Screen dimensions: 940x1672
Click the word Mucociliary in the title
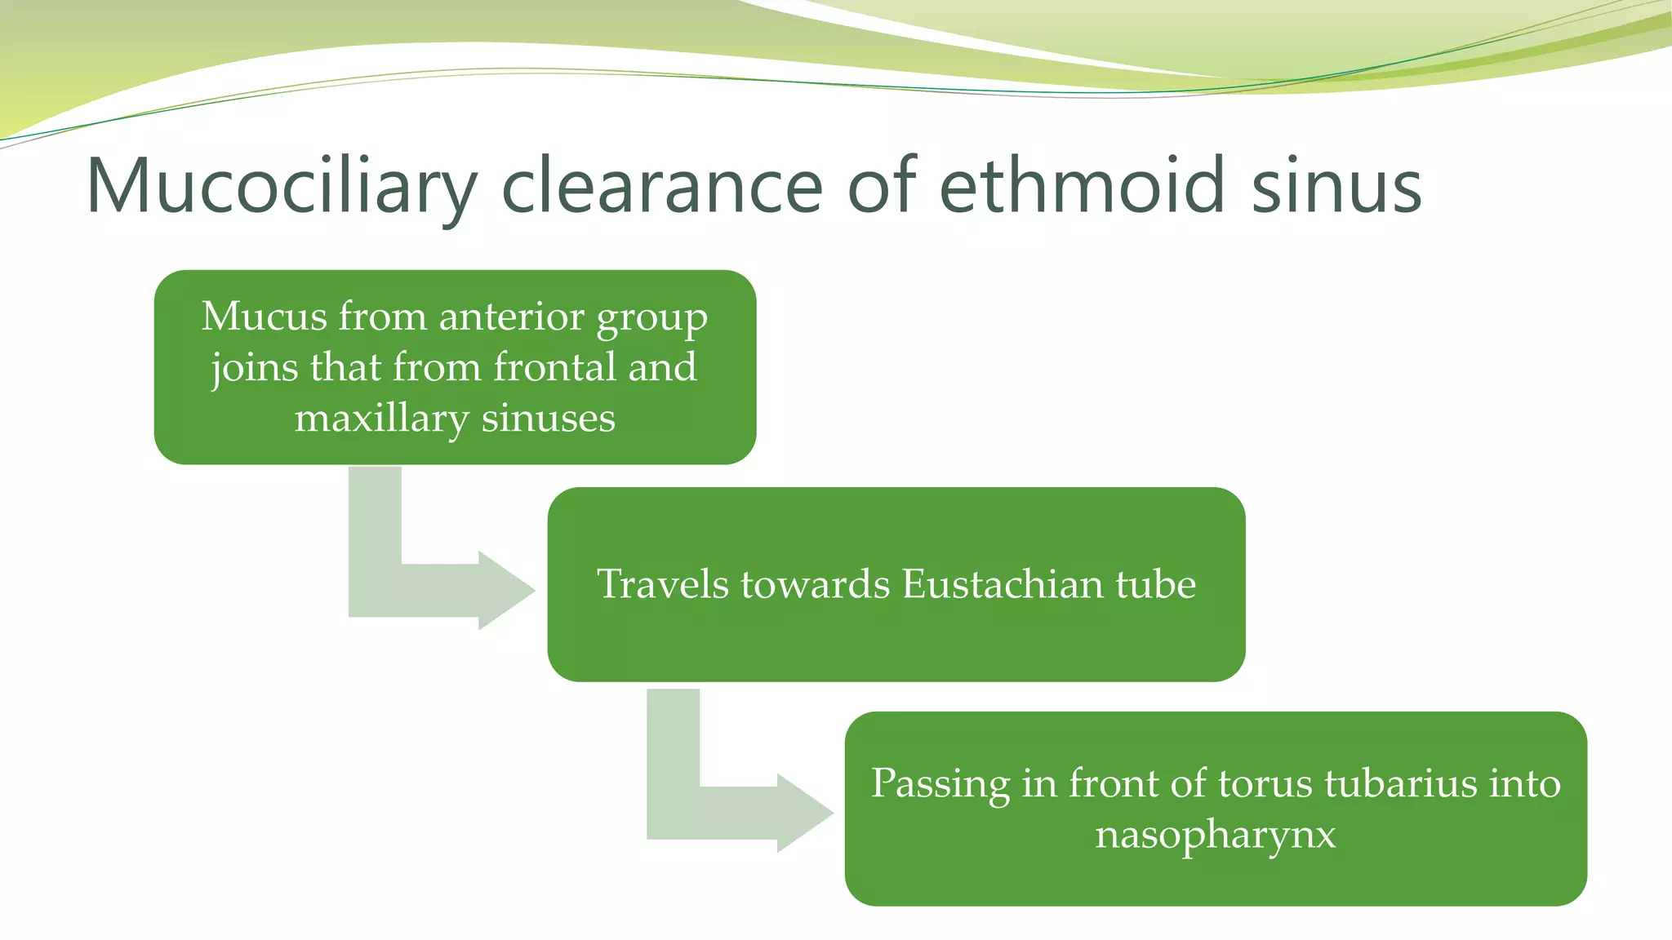pyautogui.click(x=282, y=188)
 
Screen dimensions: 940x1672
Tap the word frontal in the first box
pyautogui.click(x=554, y=366)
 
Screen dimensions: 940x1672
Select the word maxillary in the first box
pyautogui.click(x=381, y=418)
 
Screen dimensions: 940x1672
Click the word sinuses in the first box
pyautogui.click(x=548, y=418)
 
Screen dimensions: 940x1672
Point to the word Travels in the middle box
pyautogui.click(x=662, y=583)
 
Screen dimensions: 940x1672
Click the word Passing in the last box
pyautogui.click(x=940, y=783)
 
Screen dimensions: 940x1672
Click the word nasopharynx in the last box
pyautogui.click(x=1215, y=835)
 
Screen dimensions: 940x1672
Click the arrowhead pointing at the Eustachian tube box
pyautogui.click(x=505, y=590)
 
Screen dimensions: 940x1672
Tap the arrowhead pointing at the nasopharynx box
pyautogui.click(x=804, y=813)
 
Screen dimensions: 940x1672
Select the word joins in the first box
pyautogui.click(x=254, y=367)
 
